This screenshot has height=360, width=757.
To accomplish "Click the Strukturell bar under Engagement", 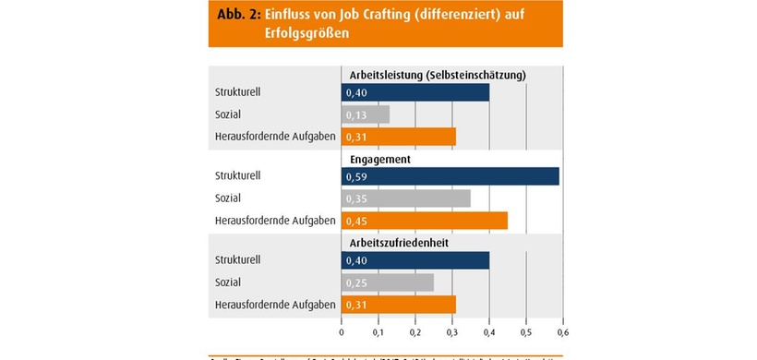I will (450, 175).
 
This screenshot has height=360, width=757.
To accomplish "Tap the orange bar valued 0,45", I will (424, 220).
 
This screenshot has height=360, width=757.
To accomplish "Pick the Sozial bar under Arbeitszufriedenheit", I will (387, 282).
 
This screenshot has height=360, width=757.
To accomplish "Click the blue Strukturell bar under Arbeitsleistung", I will (415, 92).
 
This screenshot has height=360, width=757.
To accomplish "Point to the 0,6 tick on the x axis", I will (562, 332).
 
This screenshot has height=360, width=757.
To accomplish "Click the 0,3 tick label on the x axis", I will (451, 332).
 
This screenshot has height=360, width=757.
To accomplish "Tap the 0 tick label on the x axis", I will (342, 332).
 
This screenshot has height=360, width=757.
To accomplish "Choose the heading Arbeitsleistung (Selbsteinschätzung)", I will (437, 75).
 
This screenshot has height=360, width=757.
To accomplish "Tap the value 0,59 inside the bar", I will (355, 175).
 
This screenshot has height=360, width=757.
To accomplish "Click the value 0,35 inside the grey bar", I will (355, 198).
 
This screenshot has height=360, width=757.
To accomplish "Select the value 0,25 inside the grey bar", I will (355, 282).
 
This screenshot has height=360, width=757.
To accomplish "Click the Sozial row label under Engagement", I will (229, 198).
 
